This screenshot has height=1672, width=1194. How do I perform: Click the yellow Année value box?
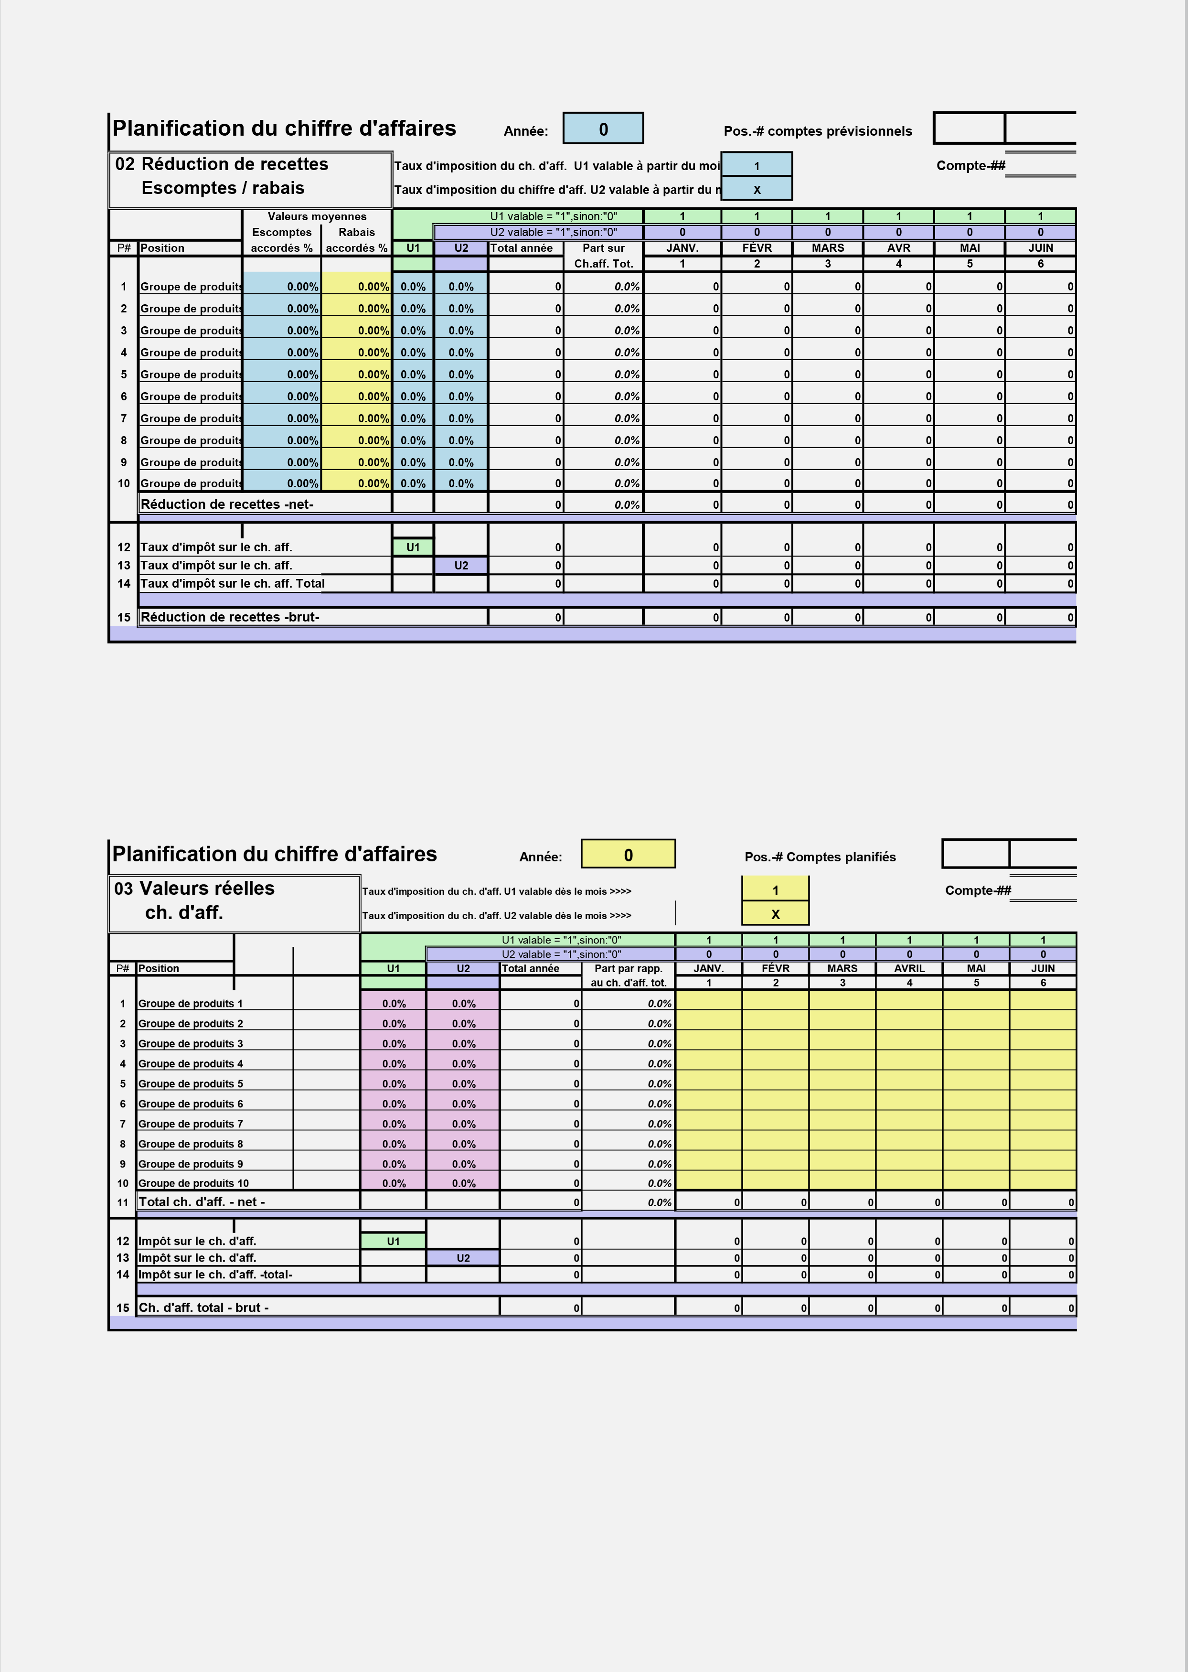(628, 854)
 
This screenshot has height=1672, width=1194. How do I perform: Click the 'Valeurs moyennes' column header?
(317, 216)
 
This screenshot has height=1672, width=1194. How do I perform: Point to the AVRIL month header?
(909, 968)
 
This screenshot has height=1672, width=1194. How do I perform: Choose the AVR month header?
(898, 248)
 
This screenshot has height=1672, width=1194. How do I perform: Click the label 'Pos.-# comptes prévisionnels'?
(818, 131)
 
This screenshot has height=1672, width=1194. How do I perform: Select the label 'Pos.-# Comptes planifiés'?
(820, 857)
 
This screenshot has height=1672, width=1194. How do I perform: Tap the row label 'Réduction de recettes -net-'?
(227, 504)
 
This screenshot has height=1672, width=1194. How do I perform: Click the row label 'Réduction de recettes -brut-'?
(230, 617)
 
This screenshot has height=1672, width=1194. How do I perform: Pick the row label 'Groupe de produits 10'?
(193, 1183)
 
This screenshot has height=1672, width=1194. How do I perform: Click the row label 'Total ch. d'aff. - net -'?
(202, 1201)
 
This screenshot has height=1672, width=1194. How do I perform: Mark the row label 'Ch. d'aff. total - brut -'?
(203, 1308)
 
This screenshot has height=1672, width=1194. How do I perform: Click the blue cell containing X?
(757, 189)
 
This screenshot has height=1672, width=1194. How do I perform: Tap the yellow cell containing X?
(775, 914)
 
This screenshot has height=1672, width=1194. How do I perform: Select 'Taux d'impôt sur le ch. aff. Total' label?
(232, 583)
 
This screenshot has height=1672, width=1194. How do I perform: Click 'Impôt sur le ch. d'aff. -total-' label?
(215, 1274)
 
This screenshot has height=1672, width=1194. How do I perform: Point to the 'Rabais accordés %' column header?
(357, 240)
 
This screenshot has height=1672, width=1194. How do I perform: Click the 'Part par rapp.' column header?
(628, 968)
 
